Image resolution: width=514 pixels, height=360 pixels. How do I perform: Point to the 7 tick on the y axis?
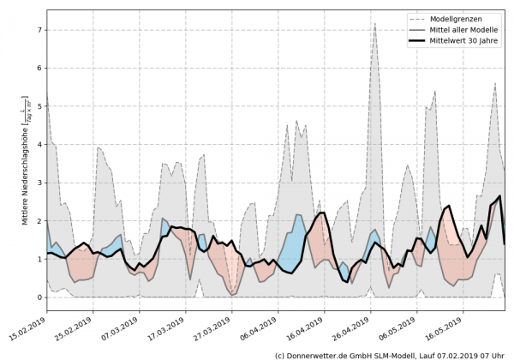tap(39, 30)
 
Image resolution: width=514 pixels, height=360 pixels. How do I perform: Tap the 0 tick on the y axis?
tap(39, 297)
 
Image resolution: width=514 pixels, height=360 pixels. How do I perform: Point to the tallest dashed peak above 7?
tap(375, 24)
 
